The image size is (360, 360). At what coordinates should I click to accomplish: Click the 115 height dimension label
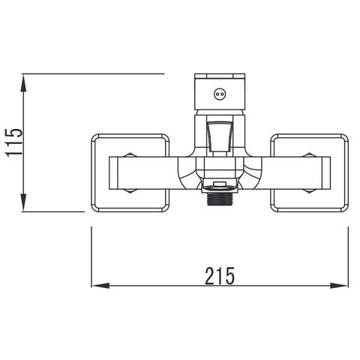point(14,142)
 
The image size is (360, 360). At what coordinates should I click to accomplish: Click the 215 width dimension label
point(220,276)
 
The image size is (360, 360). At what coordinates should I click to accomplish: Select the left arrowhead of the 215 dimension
point(100,286)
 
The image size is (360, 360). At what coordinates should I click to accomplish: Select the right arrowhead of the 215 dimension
point(339,286)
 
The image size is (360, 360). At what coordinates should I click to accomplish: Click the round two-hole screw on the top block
point(220,94)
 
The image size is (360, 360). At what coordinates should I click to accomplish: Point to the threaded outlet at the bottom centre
point(220,199)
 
